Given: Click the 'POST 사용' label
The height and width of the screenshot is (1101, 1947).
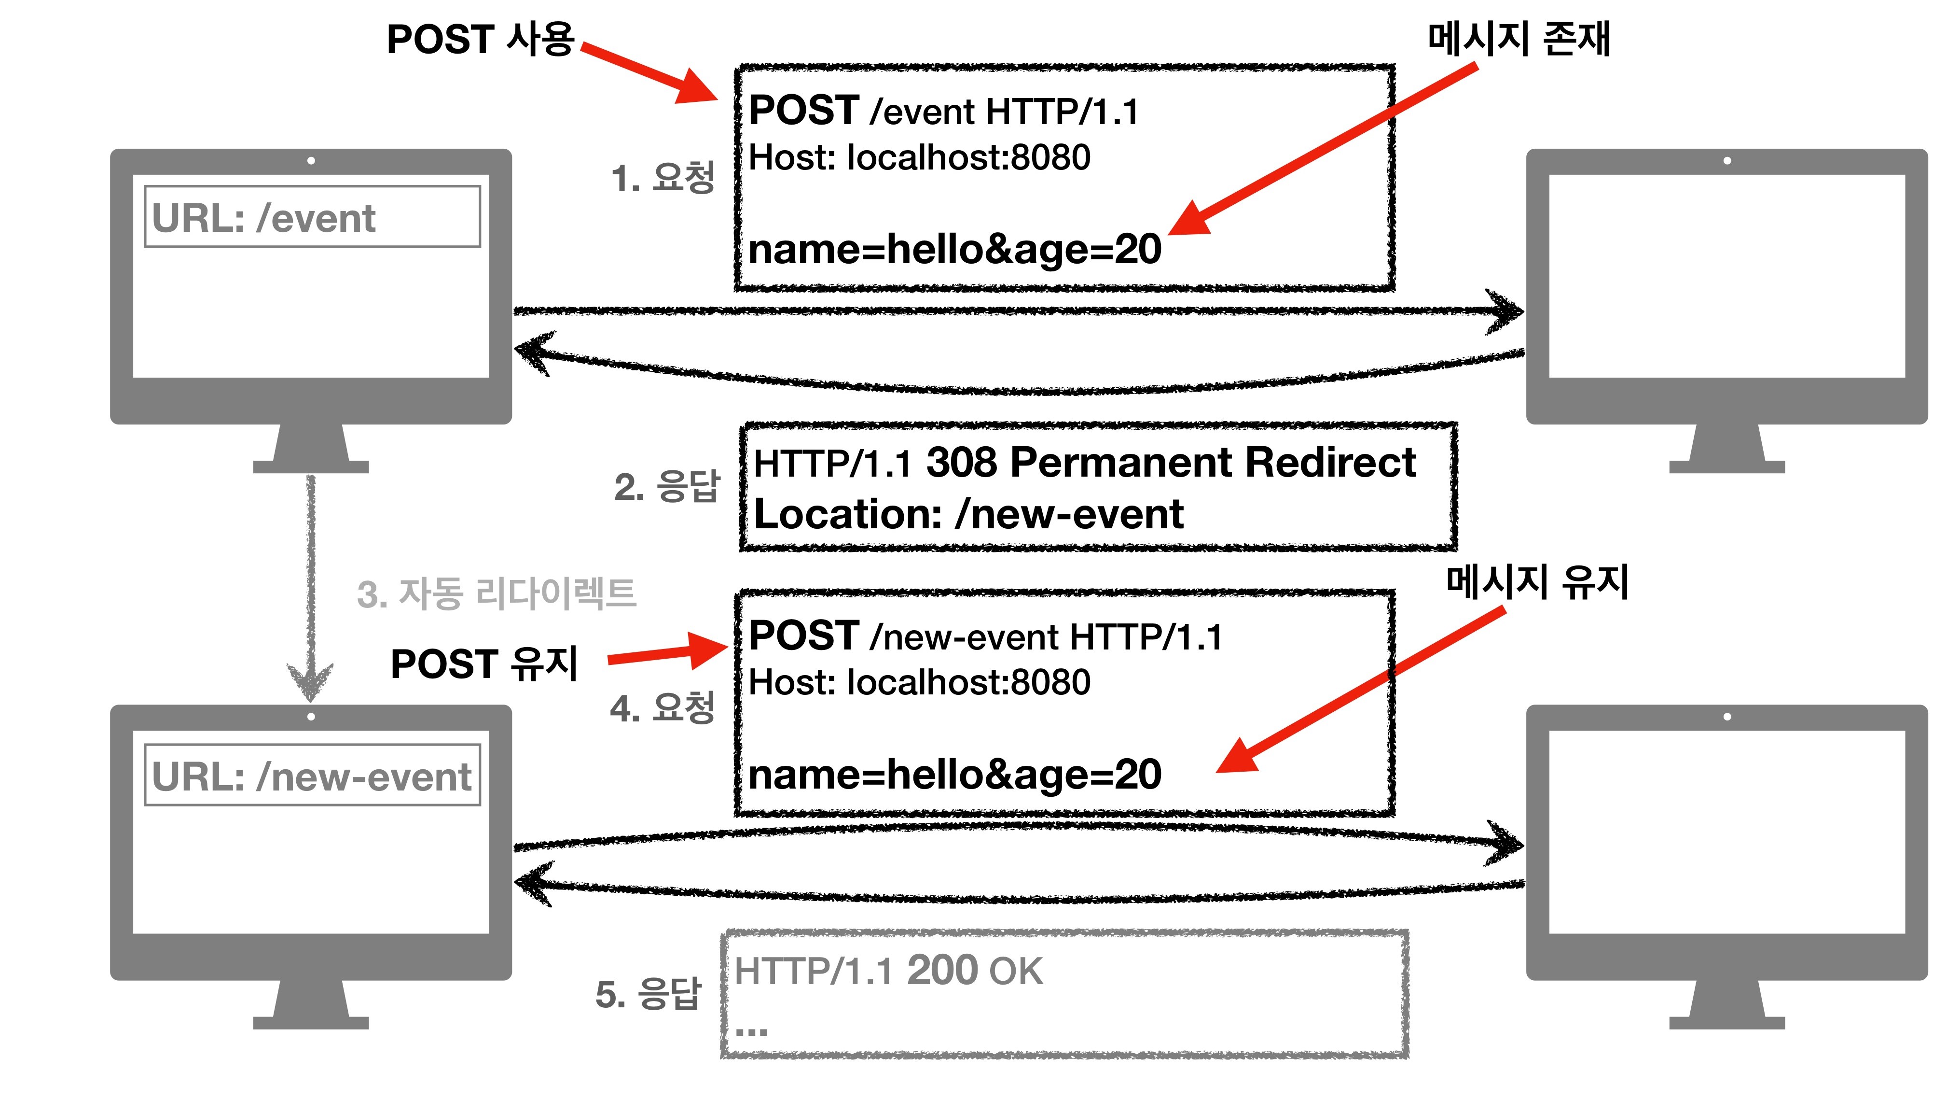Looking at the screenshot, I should point(480,39).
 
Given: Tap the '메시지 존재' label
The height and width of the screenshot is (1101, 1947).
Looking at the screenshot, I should point(1519,39).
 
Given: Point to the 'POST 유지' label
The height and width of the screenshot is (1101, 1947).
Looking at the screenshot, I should point(483,664).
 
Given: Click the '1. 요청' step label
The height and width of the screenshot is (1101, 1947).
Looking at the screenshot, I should point(662,179).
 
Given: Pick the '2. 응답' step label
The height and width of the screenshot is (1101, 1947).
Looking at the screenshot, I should point(667,486).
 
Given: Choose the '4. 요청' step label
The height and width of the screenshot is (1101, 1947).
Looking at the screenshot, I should point(662,708).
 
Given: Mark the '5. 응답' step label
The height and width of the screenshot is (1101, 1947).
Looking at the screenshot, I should point(649,994).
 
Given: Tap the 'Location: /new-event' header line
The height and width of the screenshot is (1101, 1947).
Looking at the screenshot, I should point(968,515).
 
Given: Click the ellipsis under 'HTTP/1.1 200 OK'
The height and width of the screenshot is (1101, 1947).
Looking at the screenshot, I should point(751,1030).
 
